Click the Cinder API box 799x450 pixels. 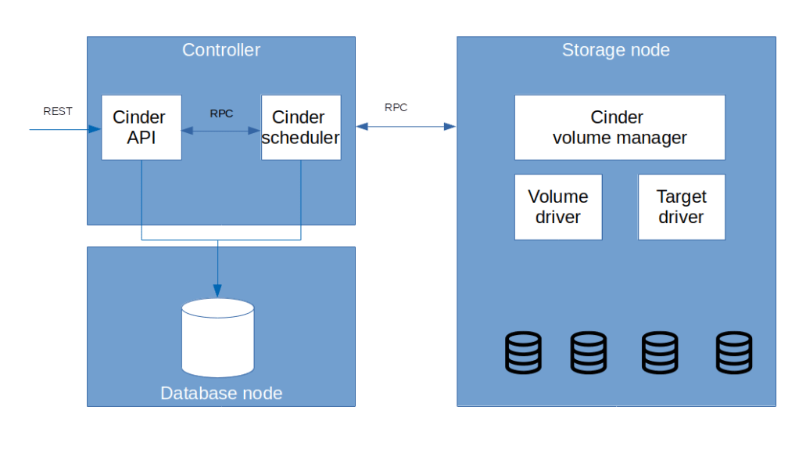pos(141,128)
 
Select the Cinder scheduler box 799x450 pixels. pos(301,128)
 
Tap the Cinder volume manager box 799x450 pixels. pos(619,128)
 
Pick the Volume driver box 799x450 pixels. pos(558,207)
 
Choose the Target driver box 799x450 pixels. pos(681,207)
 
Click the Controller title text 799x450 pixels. pos(221,50)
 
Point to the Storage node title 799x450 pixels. pos(616,50)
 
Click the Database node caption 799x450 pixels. pos(221,393)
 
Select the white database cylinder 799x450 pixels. pos(218,337)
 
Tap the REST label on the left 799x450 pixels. pos(58,112)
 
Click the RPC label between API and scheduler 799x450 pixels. pos(221,113)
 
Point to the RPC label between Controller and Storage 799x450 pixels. pos(396,107)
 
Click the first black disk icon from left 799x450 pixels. pos(523,352)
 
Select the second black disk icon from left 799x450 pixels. pos(588,352)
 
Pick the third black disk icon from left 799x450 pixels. pos(660,352)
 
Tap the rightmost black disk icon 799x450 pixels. pos(734,352)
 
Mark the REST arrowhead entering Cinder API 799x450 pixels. pos(96,129)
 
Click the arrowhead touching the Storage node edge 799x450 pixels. pos(450,125)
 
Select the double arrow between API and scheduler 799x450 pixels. pos(221,130)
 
